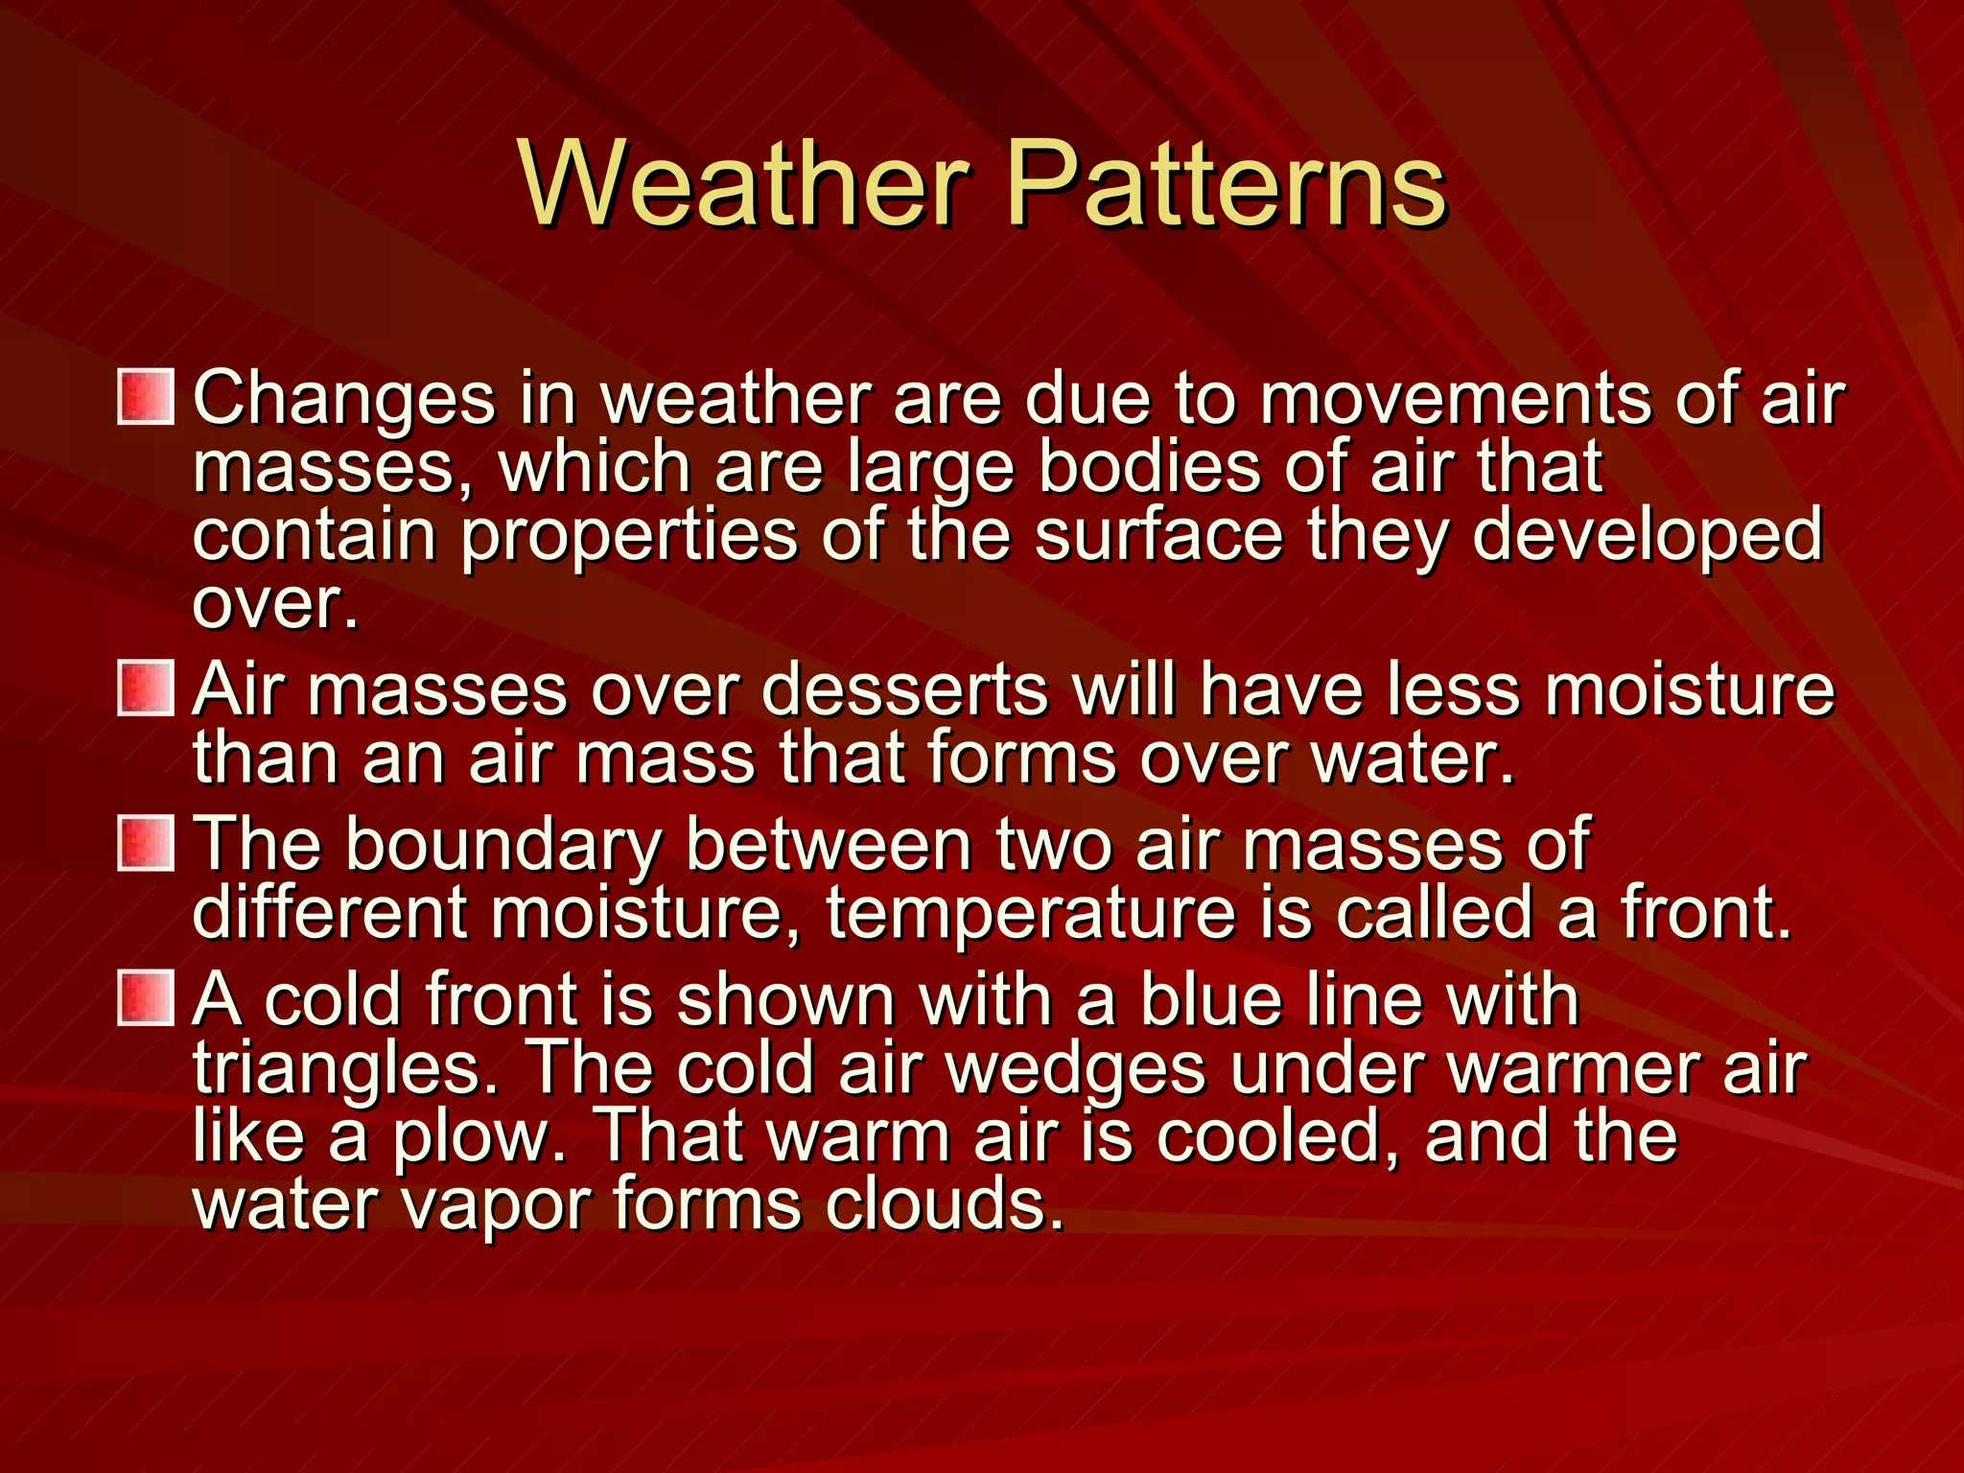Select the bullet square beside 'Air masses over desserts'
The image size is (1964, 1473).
click(x=146, y=688)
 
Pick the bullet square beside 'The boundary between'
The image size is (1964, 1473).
click(x=146, y=843)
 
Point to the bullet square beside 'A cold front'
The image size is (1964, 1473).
click(x=146, y=997)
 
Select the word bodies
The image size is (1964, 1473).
click(x=1150, y=467)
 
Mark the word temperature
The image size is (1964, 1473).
click(x=1030, y=914)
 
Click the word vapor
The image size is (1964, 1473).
click(x=495, y=1204)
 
